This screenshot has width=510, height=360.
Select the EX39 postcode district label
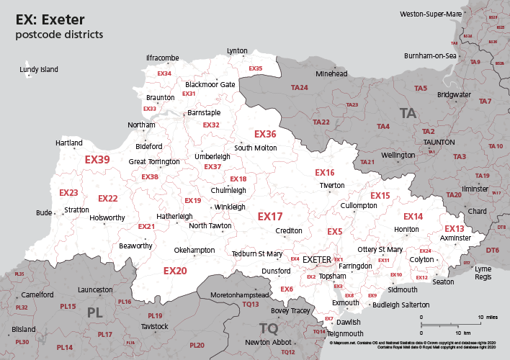(97, 159)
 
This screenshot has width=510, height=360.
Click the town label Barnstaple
(204, 113)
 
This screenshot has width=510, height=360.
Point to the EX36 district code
(265, 134)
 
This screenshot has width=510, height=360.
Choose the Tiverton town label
(332, 185)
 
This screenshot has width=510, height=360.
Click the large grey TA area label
(408, 113)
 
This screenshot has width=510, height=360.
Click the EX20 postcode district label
(175, 271)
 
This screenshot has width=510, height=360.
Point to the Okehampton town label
(194, 250)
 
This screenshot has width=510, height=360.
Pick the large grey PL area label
(95, 312)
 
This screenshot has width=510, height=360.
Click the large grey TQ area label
(268, 328)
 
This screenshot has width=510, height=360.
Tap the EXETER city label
(316, 259)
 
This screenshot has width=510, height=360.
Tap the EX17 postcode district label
(270, 216)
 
